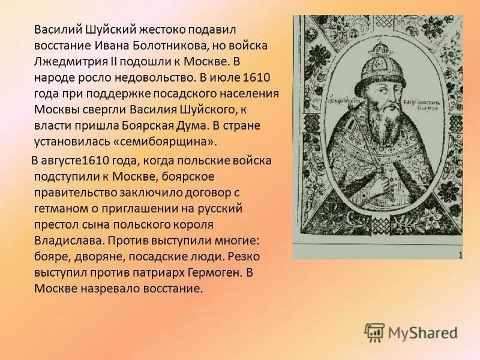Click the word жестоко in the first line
pos(163,29)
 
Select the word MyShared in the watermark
pos(422,333)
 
